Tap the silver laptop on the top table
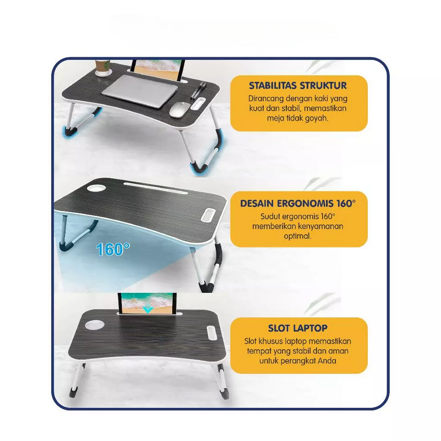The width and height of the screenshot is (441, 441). [140, 91]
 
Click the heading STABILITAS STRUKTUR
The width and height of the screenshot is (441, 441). [298, 85]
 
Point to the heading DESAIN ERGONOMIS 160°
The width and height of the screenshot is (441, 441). [298, 203]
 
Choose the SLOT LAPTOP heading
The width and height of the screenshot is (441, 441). [298, 328]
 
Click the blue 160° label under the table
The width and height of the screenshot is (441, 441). [113, 249]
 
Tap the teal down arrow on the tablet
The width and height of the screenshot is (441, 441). [148, 310]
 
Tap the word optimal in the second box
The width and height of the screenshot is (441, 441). [297, 236]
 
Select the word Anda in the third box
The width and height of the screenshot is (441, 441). [327, 361]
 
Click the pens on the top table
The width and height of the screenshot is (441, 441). [197, 91]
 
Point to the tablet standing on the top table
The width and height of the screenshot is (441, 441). [158, 69]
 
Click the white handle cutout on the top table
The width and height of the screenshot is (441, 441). [198, 103]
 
